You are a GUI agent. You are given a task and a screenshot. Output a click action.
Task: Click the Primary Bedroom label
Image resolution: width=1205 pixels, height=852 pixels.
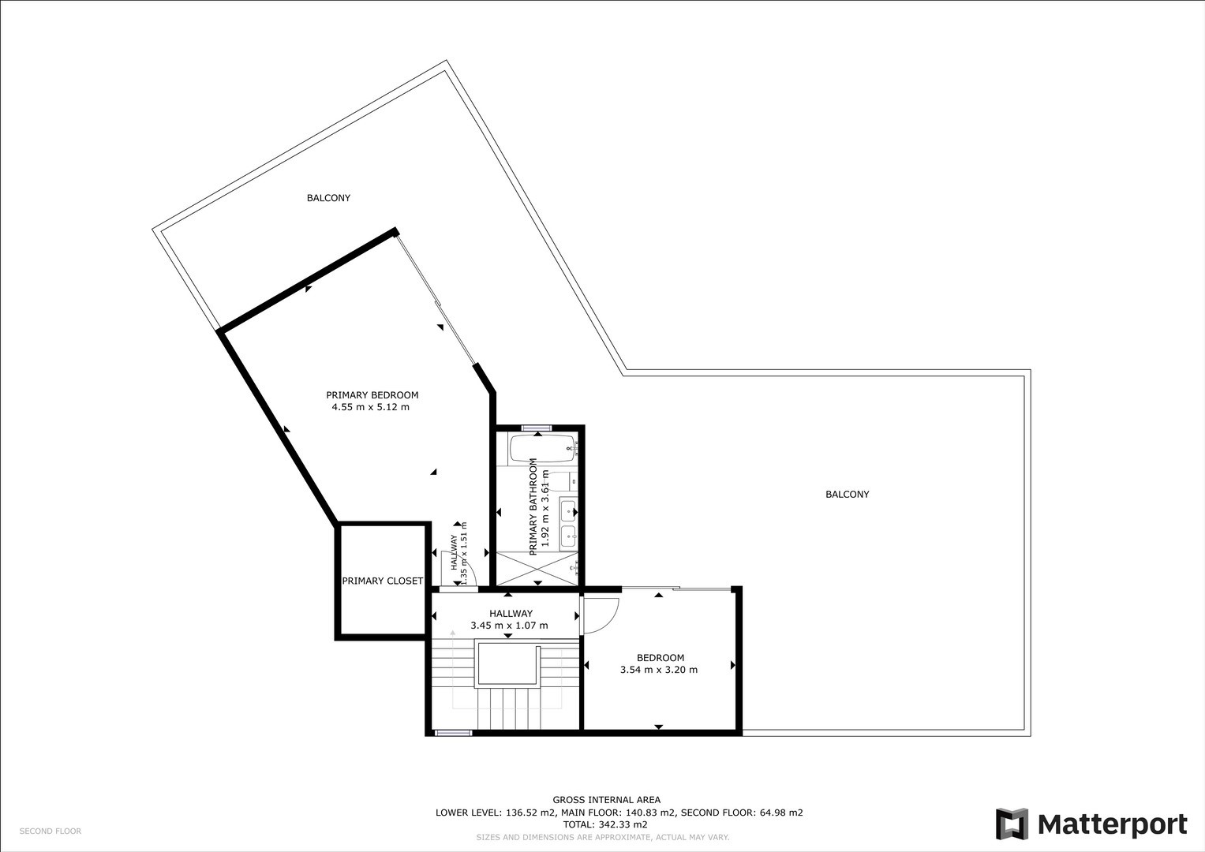(x=372, y=394)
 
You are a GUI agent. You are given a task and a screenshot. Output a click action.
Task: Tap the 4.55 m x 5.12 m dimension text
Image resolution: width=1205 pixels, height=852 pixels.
(x=371, y=407)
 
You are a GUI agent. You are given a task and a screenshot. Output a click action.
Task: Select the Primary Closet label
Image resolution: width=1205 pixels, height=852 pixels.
(x=383, y=581)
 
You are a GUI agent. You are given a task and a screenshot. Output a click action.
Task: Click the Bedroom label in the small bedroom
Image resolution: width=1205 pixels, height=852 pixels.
(x=661, y=657)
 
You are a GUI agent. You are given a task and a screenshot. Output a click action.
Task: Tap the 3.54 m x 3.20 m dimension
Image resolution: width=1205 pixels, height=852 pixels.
(x=659, y=670)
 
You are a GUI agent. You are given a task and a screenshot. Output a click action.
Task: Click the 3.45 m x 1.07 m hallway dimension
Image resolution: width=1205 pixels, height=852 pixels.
(x=510, y=626)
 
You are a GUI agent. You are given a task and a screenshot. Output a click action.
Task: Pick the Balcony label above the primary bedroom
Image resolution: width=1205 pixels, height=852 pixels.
(x=329, y=198)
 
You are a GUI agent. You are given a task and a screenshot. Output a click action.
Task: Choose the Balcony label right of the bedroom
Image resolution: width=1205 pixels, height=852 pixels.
(x=848, y=495)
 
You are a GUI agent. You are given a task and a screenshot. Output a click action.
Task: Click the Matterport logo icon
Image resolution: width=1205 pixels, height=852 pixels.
(x=1012, y=824)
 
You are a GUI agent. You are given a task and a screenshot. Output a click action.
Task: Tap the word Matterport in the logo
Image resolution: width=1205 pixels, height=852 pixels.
(x=1113, y=825)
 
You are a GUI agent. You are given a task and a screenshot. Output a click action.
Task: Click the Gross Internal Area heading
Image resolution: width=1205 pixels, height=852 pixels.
(x=607, y=800)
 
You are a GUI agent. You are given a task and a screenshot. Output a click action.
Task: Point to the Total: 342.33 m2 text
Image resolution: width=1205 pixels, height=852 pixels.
(x=605, y=824)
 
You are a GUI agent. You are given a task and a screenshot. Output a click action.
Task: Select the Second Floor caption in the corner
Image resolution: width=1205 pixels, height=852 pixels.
(x=51, y=831)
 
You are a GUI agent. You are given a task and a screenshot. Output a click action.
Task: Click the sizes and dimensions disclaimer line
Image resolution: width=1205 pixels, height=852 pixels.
(x=603, y=838)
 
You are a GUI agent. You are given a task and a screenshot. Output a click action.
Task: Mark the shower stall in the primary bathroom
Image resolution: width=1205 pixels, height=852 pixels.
(x=537, y=569)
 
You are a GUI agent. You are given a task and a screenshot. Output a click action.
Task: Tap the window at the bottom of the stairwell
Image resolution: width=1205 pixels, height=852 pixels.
(x=454, y=733)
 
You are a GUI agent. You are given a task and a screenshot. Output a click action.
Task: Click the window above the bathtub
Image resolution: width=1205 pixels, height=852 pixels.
(x=537, y=428)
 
